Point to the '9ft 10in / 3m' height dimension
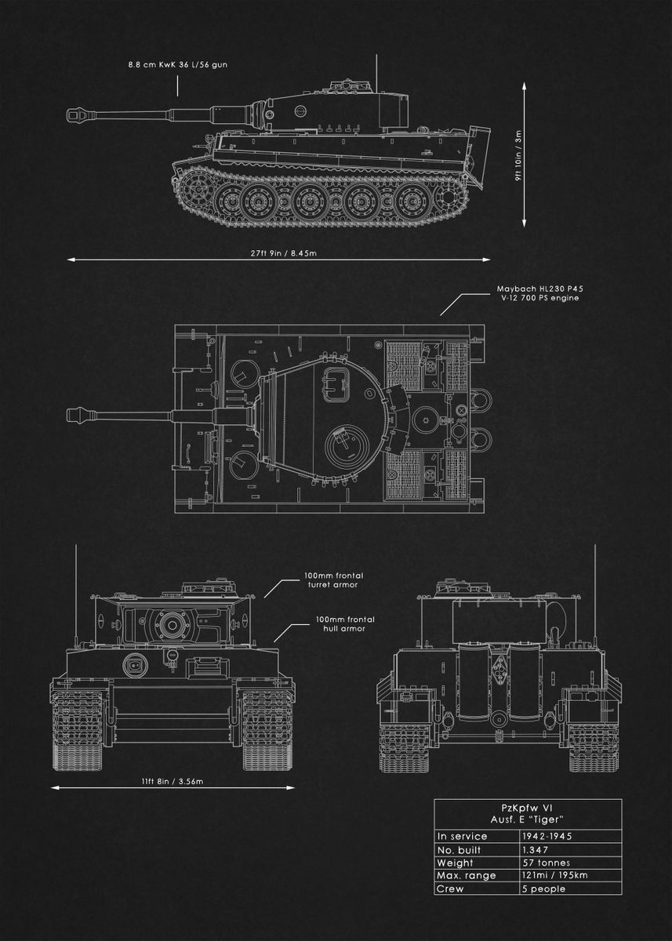[x=518, y=156]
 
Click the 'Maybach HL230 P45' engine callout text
[x=539, y=289]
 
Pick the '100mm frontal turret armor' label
[x=333, y=579]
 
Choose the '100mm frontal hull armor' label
[x=340, y=623]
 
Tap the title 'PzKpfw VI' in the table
[x=528, y=807]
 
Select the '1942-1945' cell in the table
[x=547, y=836]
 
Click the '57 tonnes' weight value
[x=545, y=863]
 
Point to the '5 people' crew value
[x=543, y=888]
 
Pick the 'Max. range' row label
[x=467, y=876]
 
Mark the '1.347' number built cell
[x=535, y=849]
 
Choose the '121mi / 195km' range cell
[x=554, y=876]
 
